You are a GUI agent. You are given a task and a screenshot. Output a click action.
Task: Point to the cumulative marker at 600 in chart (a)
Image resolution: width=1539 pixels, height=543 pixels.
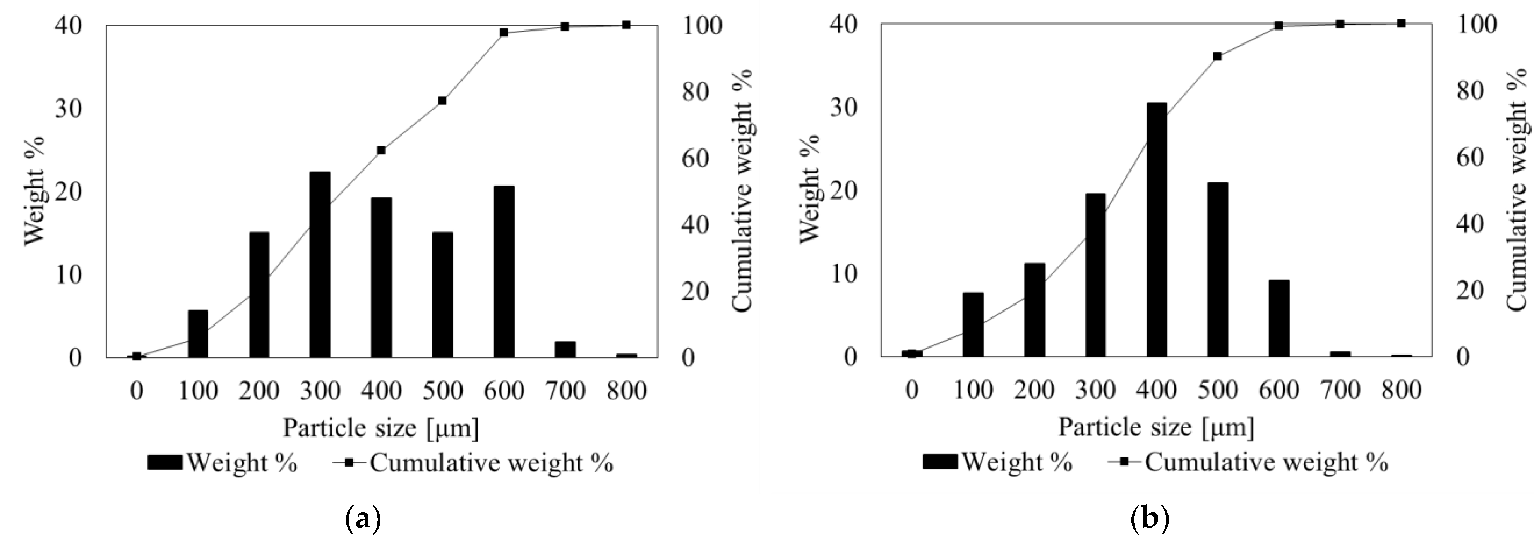coord(504,32)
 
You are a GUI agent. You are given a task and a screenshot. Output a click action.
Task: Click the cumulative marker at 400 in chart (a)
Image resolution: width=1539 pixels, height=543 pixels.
coord(381,150)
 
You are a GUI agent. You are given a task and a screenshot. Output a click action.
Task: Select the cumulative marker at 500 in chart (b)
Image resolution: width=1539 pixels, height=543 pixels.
coord(1218,56)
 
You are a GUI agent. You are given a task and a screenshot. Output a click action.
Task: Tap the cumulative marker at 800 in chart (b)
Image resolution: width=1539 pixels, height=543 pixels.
coord(1401,23)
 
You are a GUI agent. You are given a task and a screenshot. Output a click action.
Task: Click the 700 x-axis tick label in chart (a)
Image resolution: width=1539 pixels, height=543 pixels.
coord(565,391)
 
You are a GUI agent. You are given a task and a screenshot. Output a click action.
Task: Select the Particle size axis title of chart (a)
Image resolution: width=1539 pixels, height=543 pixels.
coord(380,428)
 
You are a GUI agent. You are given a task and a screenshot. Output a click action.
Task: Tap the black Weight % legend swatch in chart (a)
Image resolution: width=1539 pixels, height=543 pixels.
coord(165,462)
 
